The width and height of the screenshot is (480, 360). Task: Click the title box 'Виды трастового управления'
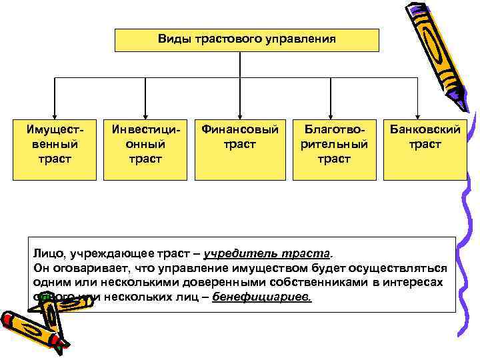click(247, 40)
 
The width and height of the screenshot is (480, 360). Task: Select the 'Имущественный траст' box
click(55, 150)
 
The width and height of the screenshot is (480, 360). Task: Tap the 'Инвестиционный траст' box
click(145, 150)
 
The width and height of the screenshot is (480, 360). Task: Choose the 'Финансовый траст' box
click(240, 150)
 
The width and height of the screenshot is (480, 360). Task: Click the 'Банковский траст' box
click(425, 150)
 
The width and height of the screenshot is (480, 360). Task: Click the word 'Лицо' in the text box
click(46, 255)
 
